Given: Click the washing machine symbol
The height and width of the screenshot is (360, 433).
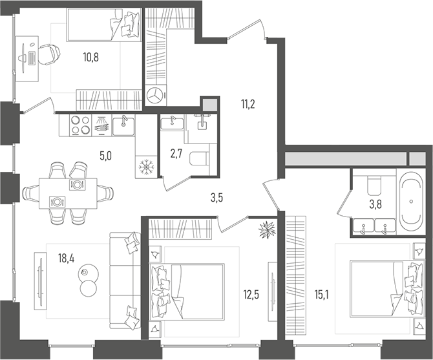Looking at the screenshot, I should pos(155,95).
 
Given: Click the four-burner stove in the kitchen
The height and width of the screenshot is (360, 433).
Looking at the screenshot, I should pos(78,125).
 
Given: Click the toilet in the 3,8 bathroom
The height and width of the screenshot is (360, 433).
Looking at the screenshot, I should pos(374,185).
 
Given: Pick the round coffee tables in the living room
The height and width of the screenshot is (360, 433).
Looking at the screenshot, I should pos(88,279).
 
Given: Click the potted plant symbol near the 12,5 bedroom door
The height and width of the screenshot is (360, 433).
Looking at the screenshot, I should pos(266,229).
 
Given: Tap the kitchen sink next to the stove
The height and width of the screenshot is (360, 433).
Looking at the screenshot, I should pos(122,125).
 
